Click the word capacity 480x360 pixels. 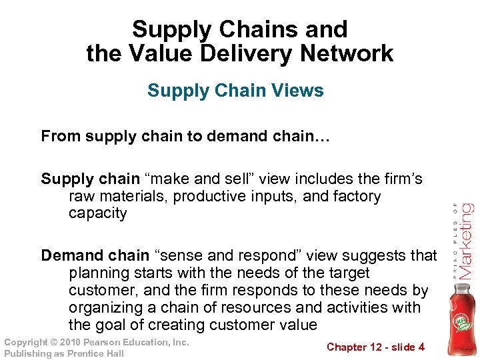(x=97, y=213)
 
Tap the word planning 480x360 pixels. (x=97, y=273)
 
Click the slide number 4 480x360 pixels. (x=421, y=347)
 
